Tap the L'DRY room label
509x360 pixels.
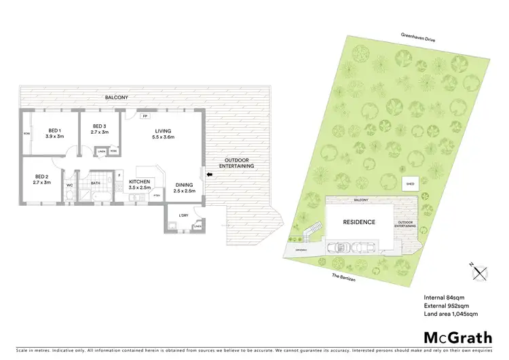pyautogui.click(x=183, y=216)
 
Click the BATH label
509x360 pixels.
pyautogui.click(x=96, y=183)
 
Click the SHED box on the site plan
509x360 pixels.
pyautogui.click(x=410, y=183)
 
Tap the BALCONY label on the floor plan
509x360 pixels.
pyautogui.click(x=115, y=98)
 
